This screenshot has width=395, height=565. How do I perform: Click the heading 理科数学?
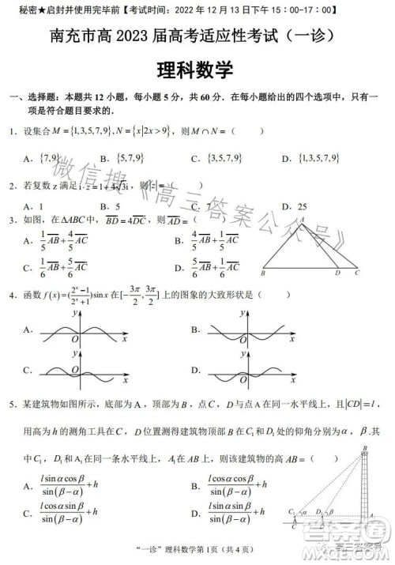(x=197, y=70)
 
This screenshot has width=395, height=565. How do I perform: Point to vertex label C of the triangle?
(x=356, y=273)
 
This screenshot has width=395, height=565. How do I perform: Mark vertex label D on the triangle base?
(x=337, y=273)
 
